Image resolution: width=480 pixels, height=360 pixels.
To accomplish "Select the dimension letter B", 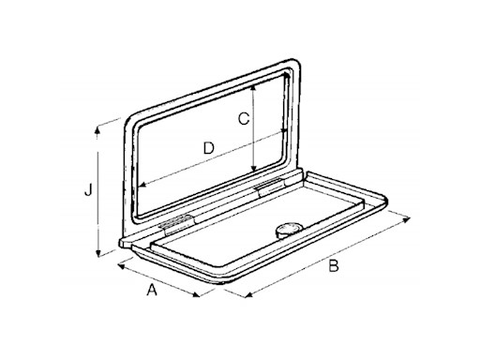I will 332,267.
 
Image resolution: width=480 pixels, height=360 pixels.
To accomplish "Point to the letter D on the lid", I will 209,148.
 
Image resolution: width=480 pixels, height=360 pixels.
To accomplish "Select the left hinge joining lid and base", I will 175,223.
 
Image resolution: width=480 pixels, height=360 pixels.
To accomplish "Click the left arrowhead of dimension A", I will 119,265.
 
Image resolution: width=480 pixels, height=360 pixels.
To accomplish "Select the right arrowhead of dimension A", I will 199,298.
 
